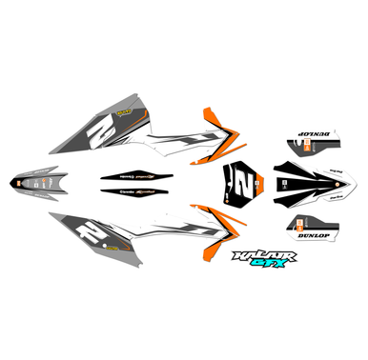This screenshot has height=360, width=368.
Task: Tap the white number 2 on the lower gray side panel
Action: [x=91, y=229]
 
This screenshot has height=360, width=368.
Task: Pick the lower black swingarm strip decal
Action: [x=138, y=192]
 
